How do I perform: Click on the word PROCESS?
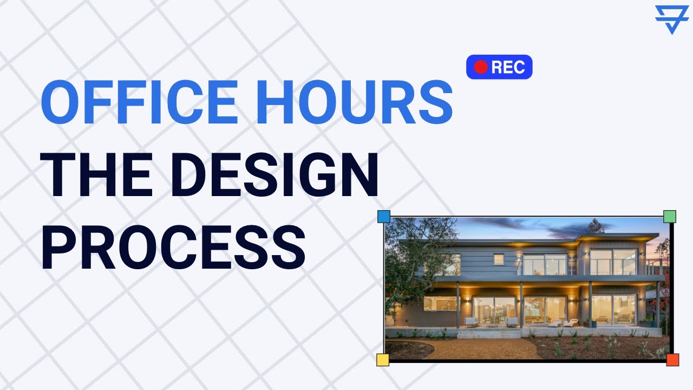(x=173, y=249)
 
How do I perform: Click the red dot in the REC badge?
(x=481, y=67)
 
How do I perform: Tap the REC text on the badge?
(x=508, y=67)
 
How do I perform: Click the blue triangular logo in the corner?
(x=671, y=18)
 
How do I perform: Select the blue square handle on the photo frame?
(x=383, y=217)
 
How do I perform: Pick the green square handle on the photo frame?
(x=670, y=217)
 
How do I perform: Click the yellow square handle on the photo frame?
(x=383, y=360)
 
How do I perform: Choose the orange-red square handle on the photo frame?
(x=672, y=360)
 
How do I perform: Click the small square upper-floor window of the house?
(x=499, y=259)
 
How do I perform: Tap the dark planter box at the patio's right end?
(x=646, y=323)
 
